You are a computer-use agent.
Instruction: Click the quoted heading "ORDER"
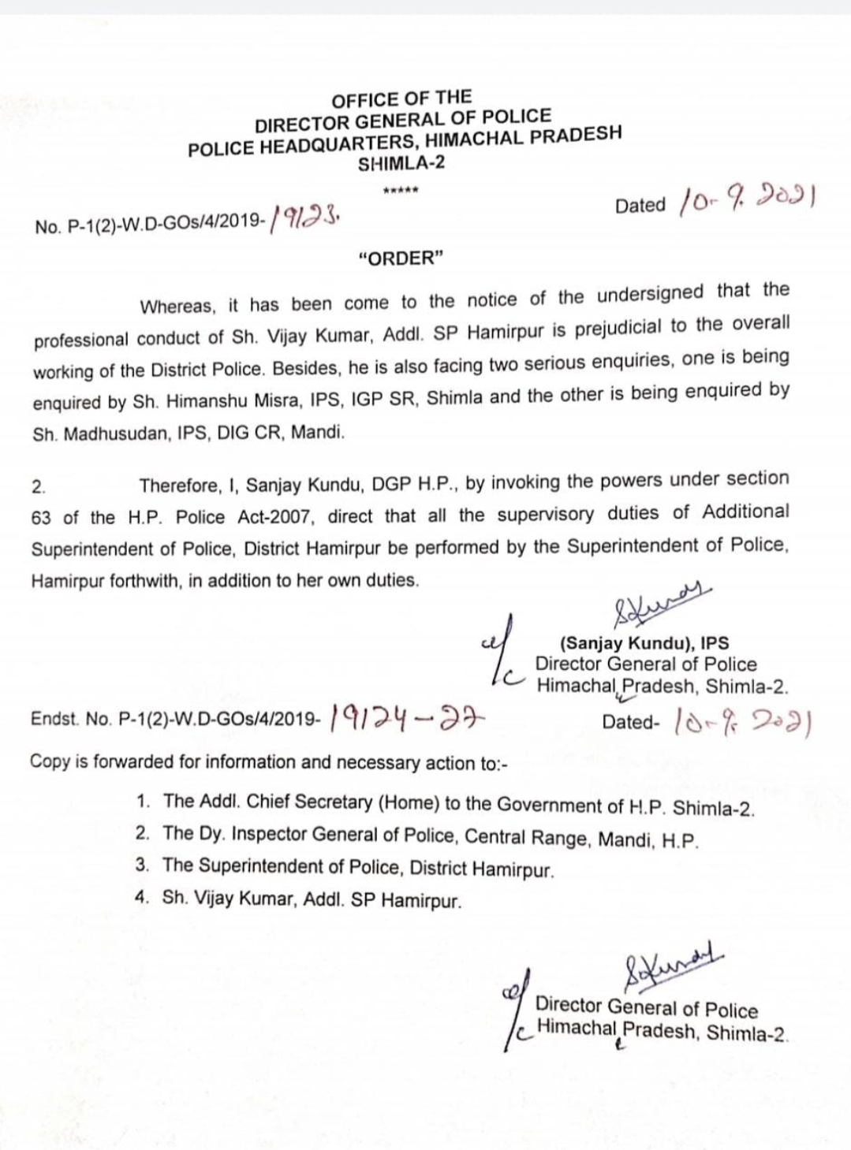click(401, 259)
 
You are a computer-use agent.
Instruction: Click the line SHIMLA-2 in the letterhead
click(401, 164)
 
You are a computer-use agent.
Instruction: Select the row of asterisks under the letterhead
click(401, 190)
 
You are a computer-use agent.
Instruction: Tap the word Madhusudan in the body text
click(116, 434)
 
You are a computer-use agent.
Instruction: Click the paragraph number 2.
click(39, 487)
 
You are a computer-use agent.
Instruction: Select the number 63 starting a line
click(42, 518)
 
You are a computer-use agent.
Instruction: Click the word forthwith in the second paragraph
click(144, 582)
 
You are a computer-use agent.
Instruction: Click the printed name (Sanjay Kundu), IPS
click(644, 642)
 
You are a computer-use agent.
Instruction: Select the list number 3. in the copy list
click(143, 865)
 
